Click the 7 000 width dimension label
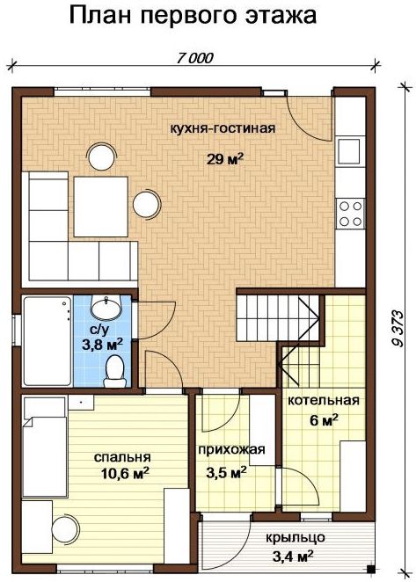pyautogui.click(x=195, y=58)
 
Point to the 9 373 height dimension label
pyautogui.click(x=398, y=328)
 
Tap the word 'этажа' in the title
pyautogui.click(x=280, y=17)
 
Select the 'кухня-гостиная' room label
pyautogui.click(x=223, y=128)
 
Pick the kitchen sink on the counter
pyautogui.click(x=349, y=151)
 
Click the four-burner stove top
pyautogui.click(x=350, y=214)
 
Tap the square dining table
pyautogui.click(x=101, y=207)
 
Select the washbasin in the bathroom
pyautogui.click(x=106, y=308)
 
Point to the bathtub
pyautogui.click(x=47, y=341)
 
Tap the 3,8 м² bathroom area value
pyautogui.click(x=103, y=345)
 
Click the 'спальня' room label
pyautogui.click(x=122, y=458)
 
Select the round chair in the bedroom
pyautogui.click(x=66, y=529)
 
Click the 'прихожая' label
pyautogui.click(x=231, y=449)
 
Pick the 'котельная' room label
pyautogui.click(x=324, y=401)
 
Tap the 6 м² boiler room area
pyautogui.click(x=324, y=420)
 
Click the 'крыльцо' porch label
pyautogui.click(x=296, y=537)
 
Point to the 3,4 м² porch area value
pyautogui.click(x=293, y=557)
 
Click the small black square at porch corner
pyautogui.click(x=369, y=568)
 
